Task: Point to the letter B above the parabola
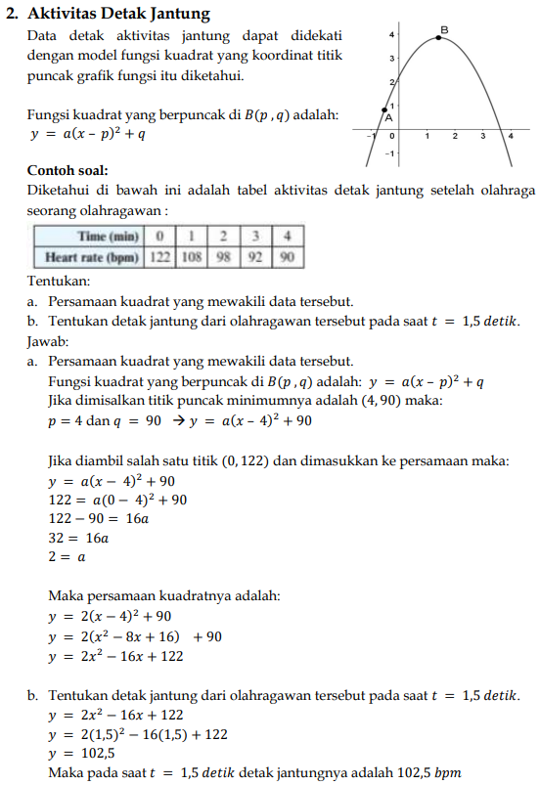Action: tap(444, 29)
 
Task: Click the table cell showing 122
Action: tap(159, 258)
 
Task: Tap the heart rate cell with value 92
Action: tap(256, 258)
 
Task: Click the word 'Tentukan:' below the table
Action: tap(58, 281)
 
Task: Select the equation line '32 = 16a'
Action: tap(78, 537)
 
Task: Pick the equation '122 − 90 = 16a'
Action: tap(98, 518)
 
